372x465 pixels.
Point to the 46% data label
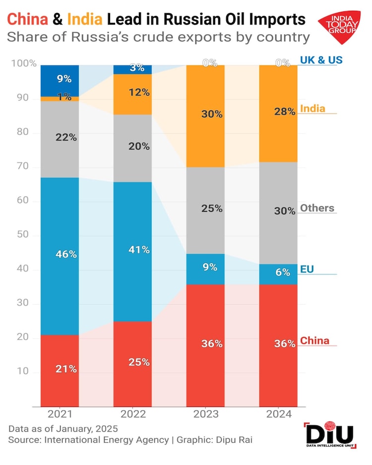click(x=66, y=254)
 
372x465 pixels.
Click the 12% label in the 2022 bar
click(x=139, y=92)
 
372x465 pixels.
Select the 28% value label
click(x=285, y=113)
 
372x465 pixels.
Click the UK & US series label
click(x=321, y=60)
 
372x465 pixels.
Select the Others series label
click(x=317, y=208)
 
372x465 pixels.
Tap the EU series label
click(x=307, y=269)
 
